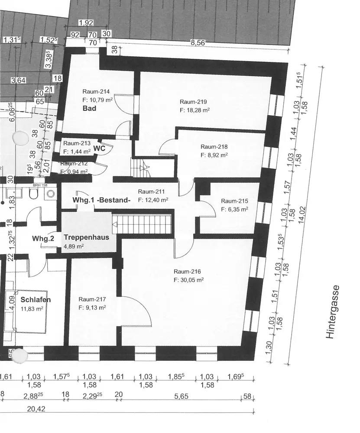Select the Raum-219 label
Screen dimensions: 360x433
[x=193, y=102]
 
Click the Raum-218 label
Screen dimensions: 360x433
[x=214, y=146]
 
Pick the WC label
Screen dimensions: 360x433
[x=100, y=148]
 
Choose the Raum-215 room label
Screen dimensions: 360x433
[x=234, y=201]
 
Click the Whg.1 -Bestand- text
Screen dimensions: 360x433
[x=101, y=200]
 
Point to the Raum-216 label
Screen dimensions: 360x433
[x=187, y=271]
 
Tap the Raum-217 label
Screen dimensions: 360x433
[x=92, y=299]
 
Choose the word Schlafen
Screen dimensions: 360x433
[x=36, y=300]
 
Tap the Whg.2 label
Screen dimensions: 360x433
[x=42, y=239]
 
